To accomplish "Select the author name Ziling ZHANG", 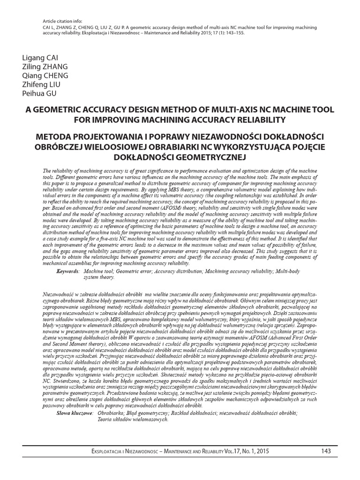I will tap(43, 67).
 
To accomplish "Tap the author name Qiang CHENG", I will tap(45, 75).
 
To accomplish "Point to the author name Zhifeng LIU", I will tap(41, 84).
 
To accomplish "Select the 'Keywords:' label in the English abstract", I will tap(67, 271).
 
